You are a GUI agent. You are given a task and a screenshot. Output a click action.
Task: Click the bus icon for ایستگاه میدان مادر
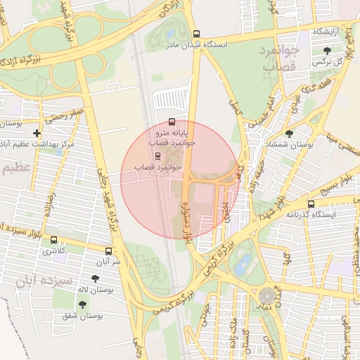pyautogui.click(x=195, y=33)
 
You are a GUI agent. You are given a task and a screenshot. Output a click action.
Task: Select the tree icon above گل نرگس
pyautogui.click(x=328, y=50)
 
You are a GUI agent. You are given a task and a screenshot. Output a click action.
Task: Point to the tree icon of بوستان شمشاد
pyautogui.click(x=289, y=133)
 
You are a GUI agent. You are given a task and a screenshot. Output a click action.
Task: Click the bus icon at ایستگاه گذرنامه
pyautogui.click(x=311, y=204)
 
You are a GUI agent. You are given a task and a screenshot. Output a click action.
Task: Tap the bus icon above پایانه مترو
pyautogui.click(x=173, y=122)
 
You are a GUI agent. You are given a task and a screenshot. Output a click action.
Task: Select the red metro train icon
pyautogui.click(x=156, y=156)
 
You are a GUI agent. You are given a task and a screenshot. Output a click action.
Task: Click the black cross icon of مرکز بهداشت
pyautogui.click(x=37, y=133)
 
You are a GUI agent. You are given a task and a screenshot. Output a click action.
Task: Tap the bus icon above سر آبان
pyautogui.click(x=108, y=251)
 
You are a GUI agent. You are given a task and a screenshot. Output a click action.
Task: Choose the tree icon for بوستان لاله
pyautogui.click(x=95, y=279)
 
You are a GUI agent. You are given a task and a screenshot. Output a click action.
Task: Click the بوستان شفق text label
pyautogui.click(x=82, y=316)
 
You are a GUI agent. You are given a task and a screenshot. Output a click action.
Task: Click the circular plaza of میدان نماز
pyautogui.click(x=267, y=296)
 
